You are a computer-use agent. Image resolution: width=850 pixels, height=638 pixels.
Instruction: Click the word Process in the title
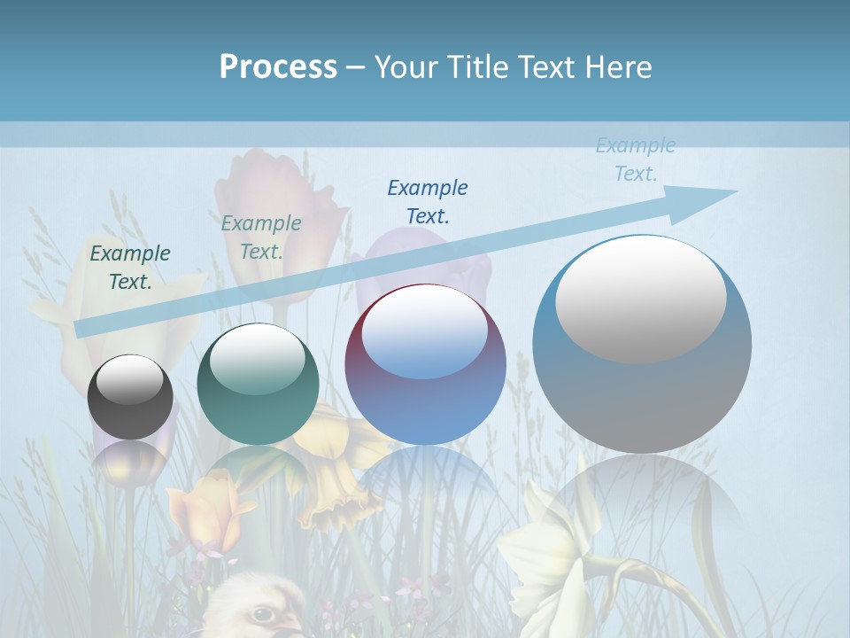coord(278,67)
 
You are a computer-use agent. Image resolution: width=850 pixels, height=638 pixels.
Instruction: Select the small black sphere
coord(130,398)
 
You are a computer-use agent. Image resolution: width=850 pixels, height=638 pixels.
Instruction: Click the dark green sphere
coord(258,385)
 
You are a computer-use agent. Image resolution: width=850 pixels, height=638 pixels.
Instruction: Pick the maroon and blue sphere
coord(425,365)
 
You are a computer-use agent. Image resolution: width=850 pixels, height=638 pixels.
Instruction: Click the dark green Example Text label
coord(130,268)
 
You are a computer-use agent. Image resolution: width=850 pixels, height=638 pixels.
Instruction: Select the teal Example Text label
coord(261,237)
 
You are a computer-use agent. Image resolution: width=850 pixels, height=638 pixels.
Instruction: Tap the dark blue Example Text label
coord(428,201)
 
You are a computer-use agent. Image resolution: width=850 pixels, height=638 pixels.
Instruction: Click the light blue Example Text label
coord(636,159)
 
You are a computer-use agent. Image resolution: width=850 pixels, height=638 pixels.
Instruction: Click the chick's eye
coord(263,613)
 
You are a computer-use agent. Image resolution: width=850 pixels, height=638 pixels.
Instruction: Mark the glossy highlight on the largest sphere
coord(640,298)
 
